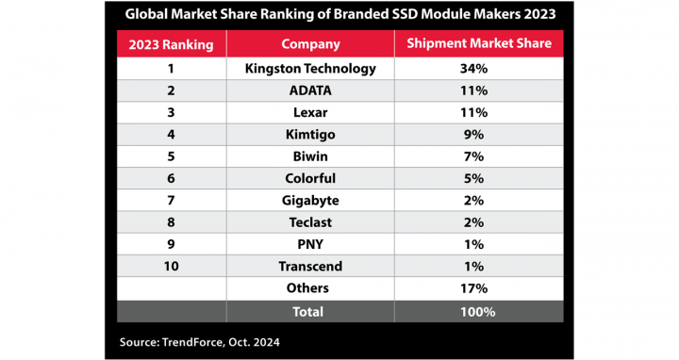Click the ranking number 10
(171, 267)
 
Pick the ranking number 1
(171, 69)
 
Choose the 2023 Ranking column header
(171, 44)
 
